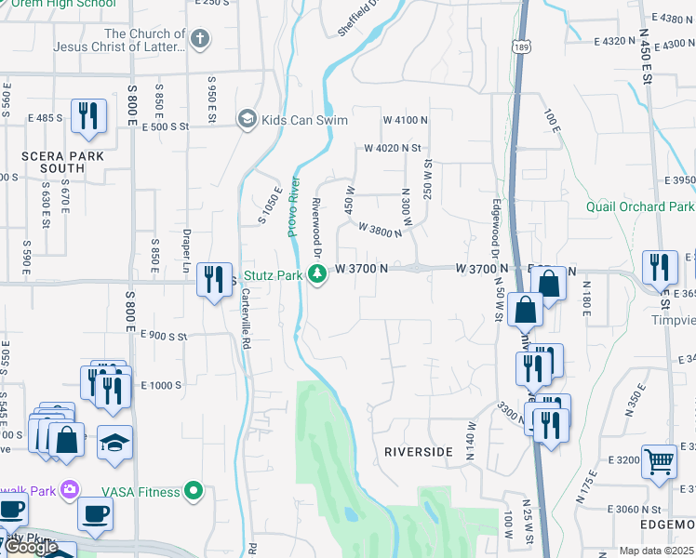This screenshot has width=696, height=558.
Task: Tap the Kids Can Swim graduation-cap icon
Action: (x=247, y=119)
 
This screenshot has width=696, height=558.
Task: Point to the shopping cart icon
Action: (x=659, y=459)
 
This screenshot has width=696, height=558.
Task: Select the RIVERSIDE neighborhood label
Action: (x=418, y=452)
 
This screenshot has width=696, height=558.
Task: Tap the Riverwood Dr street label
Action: (x=316, y=228)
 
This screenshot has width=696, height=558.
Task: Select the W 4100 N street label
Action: (x=405, y=120)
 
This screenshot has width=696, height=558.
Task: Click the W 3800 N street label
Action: (x=379, y=231)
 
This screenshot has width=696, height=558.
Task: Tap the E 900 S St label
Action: (x=164, y=336)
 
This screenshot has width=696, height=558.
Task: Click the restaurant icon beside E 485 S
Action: (x=88, y=115)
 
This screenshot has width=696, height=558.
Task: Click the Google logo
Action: (x=31, y=547)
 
